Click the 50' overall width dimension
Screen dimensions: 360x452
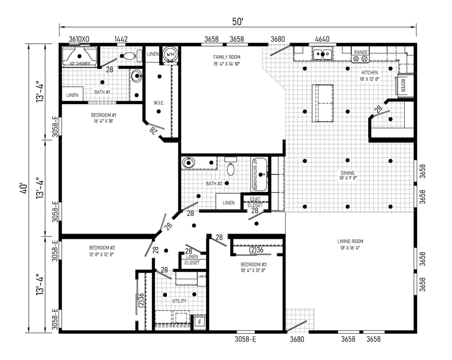pyautogui.click(x=237, y=21)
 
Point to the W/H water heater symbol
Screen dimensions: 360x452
pyautogui.click(x=170, y=54)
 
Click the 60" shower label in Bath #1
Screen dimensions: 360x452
pyautogui.click(x=79, y=63)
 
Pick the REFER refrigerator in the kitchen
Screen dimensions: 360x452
pyautogui.click(x=402, y=86)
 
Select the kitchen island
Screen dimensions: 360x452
pyautogui.click(x=323, y=103)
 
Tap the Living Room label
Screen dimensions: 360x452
pyautogui.click(x=350, y=244)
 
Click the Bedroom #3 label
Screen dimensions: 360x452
pyautogui.click(x=254, y=267)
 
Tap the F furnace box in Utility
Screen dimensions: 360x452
pyautogui.click(x=199, y=322)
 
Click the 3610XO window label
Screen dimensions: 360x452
pyautogui.click(x=79, y=39)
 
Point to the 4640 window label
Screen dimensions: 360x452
pyautogui.click(x=322, y=39)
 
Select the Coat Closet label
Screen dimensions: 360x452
pyautogui.click(x=255, y=202)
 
